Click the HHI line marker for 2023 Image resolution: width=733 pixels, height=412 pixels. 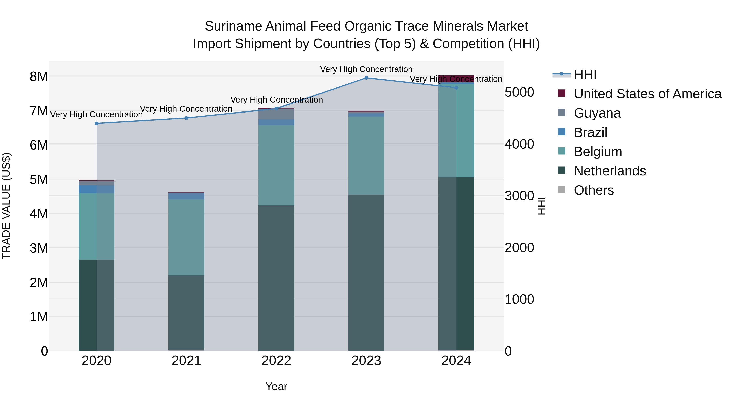pyautogui.click(x=366, y=78)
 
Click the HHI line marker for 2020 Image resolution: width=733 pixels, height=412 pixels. pyautogui.click(x=97, y=123)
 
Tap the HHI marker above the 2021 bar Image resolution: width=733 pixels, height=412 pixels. pyautogui.click(x=186, y=118)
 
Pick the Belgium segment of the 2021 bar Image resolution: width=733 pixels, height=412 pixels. pyautogui.click(x=186, y=237)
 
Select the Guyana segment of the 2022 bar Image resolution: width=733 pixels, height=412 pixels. pyautogui.click(x=276, y=114)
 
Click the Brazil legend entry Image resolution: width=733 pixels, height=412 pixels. pyautogui.click(x=590, y=132)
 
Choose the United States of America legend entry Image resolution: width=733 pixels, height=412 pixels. pyautogui.click(x=647, y=94)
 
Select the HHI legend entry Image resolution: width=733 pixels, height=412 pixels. pyautogui.click(x=585, y=74)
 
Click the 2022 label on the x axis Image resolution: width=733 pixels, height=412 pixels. pyautogui.click(x=276, y=361)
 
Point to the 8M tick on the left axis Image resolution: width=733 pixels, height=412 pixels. pyautogui.click(x=39, y=76)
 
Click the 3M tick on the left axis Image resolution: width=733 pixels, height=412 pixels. pyautogui.click(x=39, y=248)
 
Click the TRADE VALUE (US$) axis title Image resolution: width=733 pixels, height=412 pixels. pyautogui.click(x=6, y=206)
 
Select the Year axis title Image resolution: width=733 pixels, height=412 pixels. pyautogui.click(x=276, y=386)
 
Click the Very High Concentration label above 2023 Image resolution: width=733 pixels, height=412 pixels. pyautogui.click(x=366, y=69)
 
